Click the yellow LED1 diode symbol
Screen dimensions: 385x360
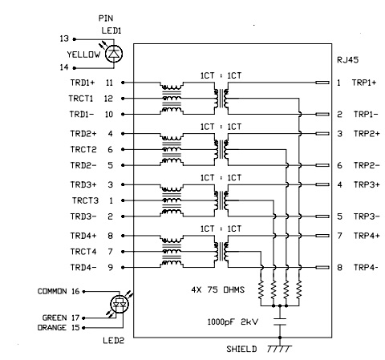(114, 54)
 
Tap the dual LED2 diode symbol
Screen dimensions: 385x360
(120, 304)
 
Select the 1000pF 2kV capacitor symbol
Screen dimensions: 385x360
(280, 322)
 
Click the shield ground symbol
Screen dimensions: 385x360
(279, 349)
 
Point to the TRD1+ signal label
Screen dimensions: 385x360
(83, 83)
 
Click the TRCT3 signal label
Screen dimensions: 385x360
(85, 200)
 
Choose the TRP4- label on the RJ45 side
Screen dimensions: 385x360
(366, 267)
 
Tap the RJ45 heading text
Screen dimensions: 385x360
(347, 60)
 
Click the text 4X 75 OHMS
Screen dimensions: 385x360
(218, 289)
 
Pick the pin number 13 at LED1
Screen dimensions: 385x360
(64, 38)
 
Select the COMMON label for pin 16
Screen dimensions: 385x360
(52, 291)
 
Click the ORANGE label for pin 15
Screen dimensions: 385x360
(51, 327)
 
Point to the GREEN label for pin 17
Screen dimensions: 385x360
(55, 318)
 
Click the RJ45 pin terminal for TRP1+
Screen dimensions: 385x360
(322, 83)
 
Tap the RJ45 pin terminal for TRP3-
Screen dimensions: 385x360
(322, 216)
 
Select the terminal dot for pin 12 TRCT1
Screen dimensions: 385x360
(123, 99)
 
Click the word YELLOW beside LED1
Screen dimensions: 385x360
(83, 55)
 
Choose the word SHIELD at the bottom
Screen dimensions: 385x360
(241, 349)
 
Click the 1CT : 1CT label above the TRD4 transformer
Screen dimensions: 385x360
(221, 229)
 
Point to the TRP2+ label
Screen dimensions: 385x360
(367, 133)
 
